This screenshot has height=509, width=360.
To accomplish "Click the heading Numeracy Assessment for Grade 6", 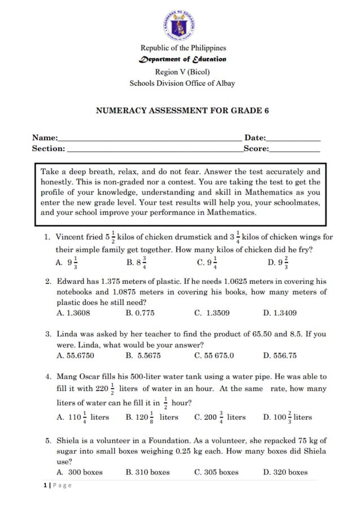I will point(182,110).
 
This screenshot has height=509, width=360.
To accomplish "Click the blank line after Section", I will point(154,151).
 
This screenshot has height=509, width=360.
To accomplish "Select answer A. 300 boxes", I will point(80,472).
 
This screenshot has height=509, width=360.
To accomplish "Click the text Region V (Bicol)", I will point(182,72).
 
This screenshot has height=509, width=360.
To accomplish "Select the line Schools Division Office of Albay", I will point(182,83).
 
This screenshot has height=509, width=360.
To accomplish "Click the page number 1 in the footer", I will point(45,485).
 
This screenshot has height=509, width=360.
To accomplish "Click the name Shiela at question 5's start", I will point(69,440).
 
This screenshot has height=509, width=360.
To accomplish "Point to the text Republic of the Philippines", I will point(183,48).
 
